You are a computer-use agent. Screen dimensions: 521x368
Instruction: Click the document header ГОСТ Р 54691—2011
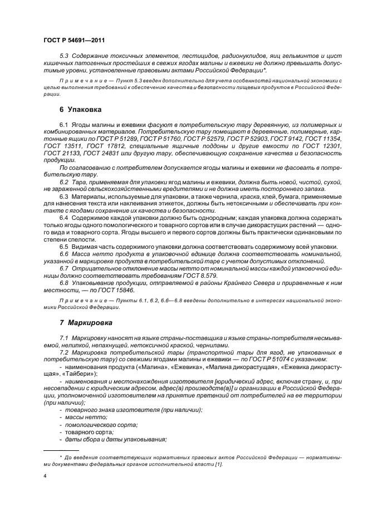click(x=74, y=40)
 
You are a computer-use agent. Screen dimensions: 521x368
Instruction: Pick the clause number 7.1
click(x=64, y=338)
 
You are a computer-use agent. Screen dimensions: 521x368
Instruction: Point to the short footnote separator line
click(x=61, y=450)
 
